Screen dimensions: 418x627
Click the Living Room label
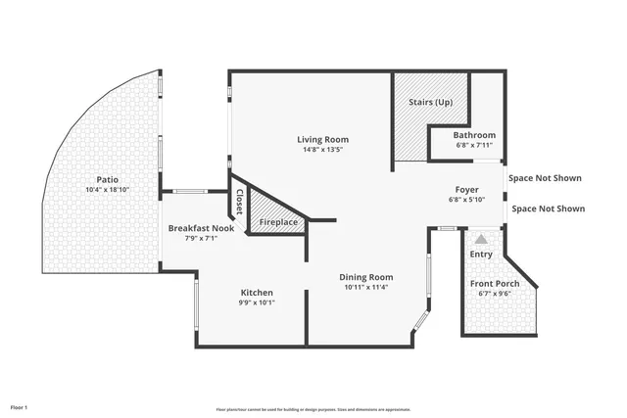point(322,139)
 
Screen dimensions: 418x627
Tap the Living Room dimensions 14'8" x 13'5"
point(322,151)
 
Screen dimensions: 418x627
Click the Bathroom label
point(475,134)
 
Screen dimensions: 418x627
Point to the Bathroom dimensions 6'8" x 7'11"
point(475,145)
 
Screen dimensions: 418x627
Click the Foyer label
point(466,189)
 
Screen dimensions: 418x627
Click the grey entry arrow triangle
point(481,238)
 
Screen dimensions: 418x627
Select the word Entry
point(481,255)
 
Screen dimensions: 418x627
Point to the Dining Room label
point(366,277)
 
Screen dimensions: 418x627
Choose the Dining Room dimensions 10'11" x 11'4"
point(366,288)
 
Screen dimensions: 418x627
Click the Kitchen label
point(258,293)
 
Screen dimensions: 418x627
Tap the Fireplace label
point(278,223)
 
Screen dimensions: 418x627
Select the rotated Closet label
point(239,202)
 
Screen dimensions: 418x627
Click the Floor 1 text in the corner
point(20,405)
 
